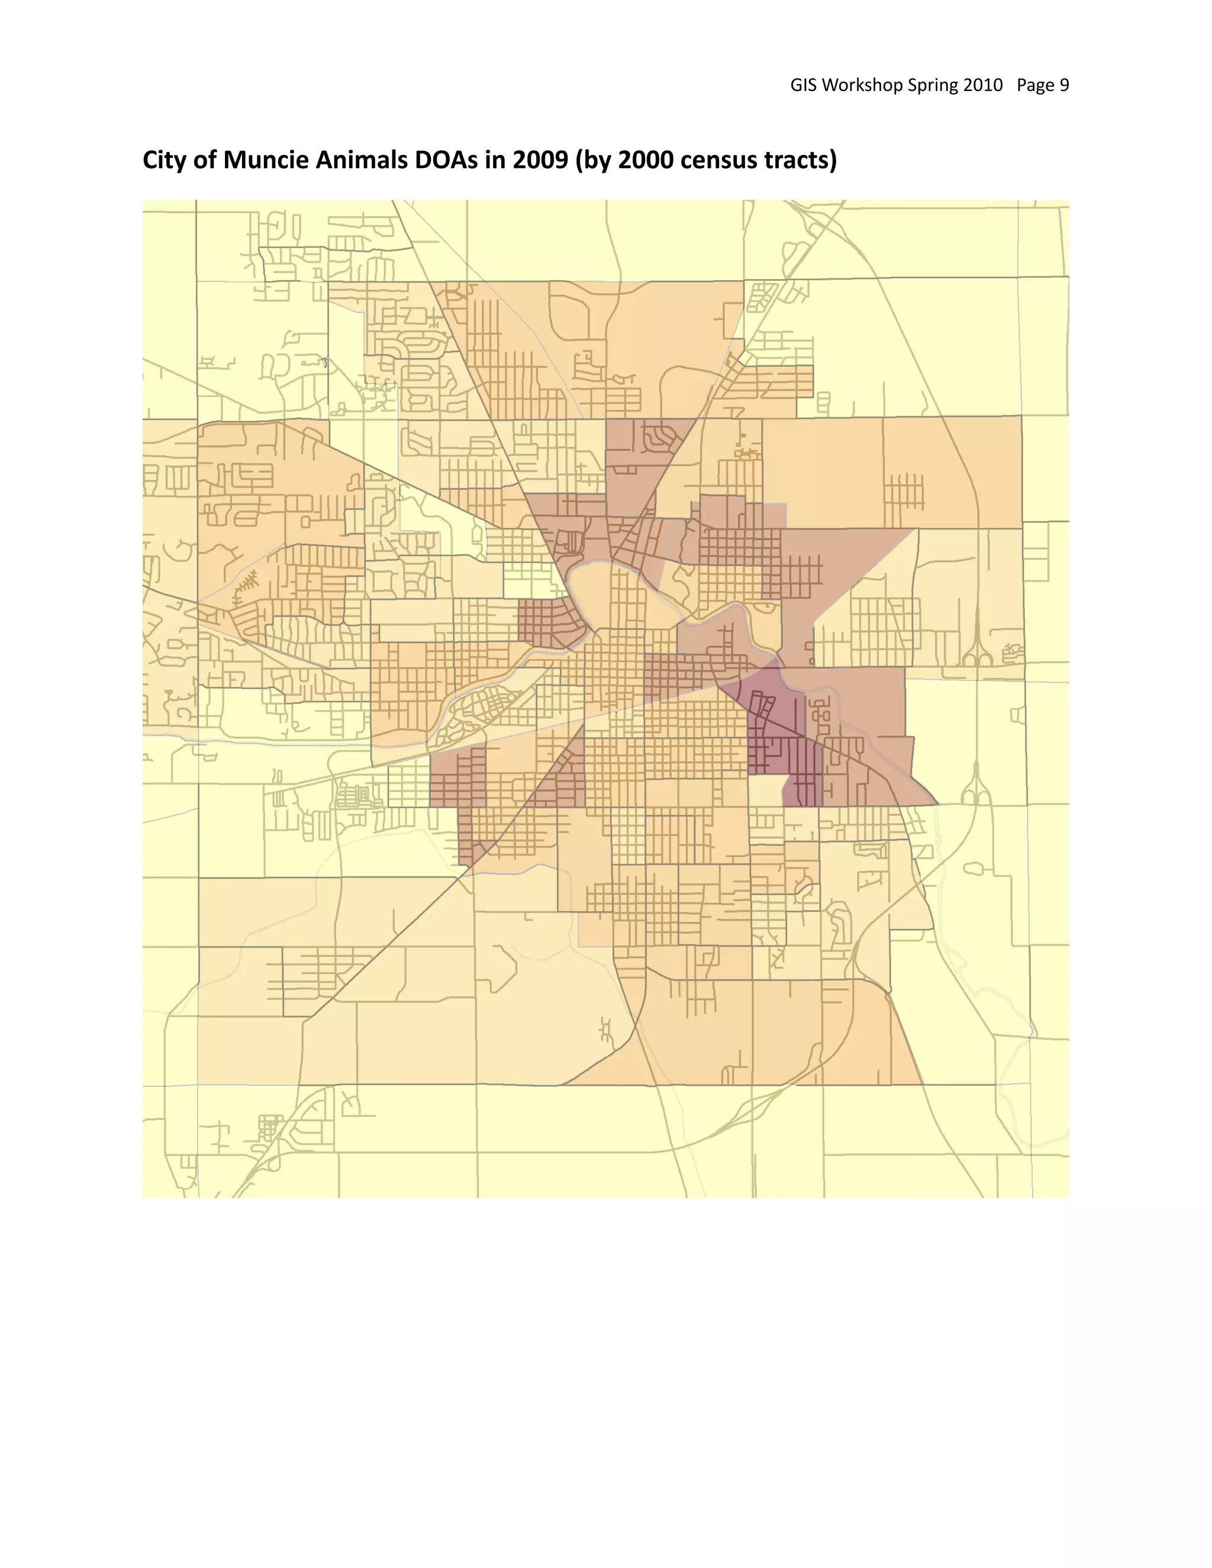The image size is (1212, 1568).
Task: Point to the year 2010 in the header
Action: [x=982, y=85]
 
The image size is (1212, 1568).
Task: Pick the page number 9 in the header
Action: [x=1064, y=85]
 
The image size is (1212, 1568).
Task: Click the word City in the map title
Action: [x=165, y=160]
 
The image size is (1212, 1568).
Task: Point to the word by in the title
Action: [x=596, y=161]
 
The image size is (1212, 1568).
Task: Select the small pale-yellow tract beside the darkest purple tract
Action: [x=765, y=791]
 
